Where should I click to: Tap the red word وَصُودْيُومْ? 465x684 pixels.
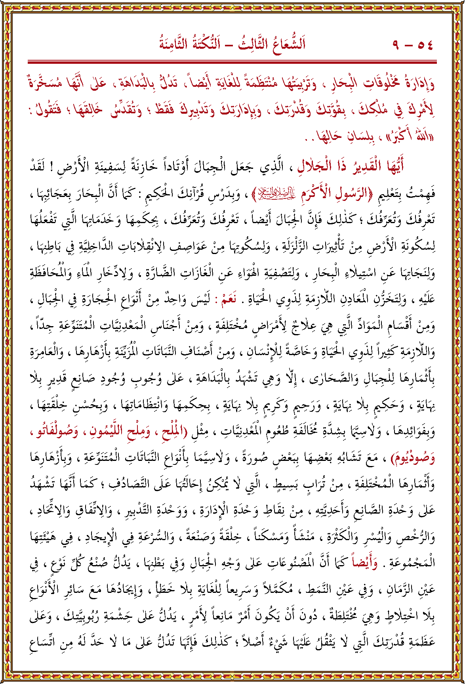pos(412,457)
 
